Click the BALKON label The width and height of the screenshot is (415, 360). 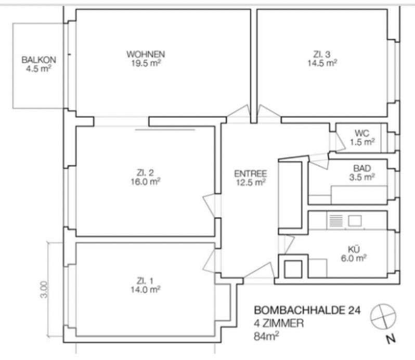click(38, 60)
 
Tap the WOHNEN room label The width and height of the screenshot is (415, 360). click(146, 54)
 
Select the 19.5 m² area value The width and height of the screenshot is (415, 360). click(146, 63)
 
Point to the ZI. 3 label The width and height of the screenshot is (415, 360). click(322, 55)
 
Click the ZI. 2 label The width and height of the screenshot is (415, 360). click(145, 173)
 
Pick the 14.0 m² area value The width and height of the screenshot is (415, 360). click(145, 290)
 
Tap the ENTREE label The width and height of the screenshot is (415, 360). click(251, 174)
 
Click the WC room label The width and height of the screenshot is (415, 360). click(362, 133)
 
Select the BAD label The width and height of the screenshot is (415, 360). click(362, 168)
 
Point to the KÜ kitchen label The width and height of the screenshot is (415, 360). click(354, 249)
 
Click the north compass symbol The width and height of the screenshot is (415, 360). click(383, 317)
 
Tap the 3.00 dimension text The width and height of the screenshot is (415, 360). click(44, 290)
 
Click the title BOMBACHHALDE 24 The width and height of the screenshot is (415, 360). click(307, 310)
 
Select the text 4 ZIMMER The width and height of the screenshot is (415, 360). click(278, 323)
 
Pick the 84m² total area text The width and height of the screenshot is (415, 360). click(266, 336)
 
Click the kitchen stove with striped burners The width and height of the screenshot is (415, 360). click(336, 221)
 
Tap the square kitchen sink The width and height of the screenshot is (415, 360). click(355, 221)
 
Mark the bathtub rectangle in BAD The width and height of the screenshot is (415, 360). click(359, 195)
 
